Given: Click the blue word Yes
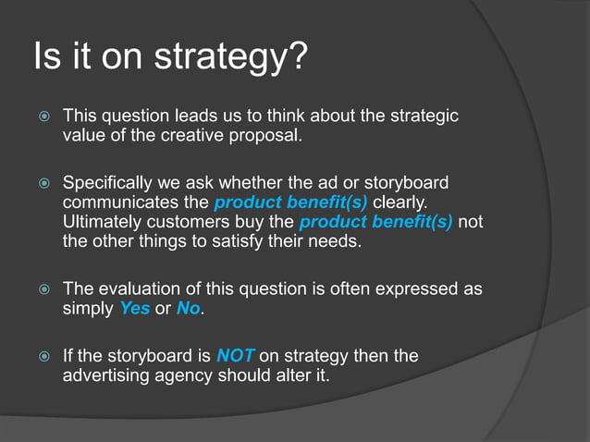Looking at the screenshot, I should (x=135, y=309).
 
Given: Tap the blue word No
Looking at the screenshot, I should (x=188, y=309).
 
